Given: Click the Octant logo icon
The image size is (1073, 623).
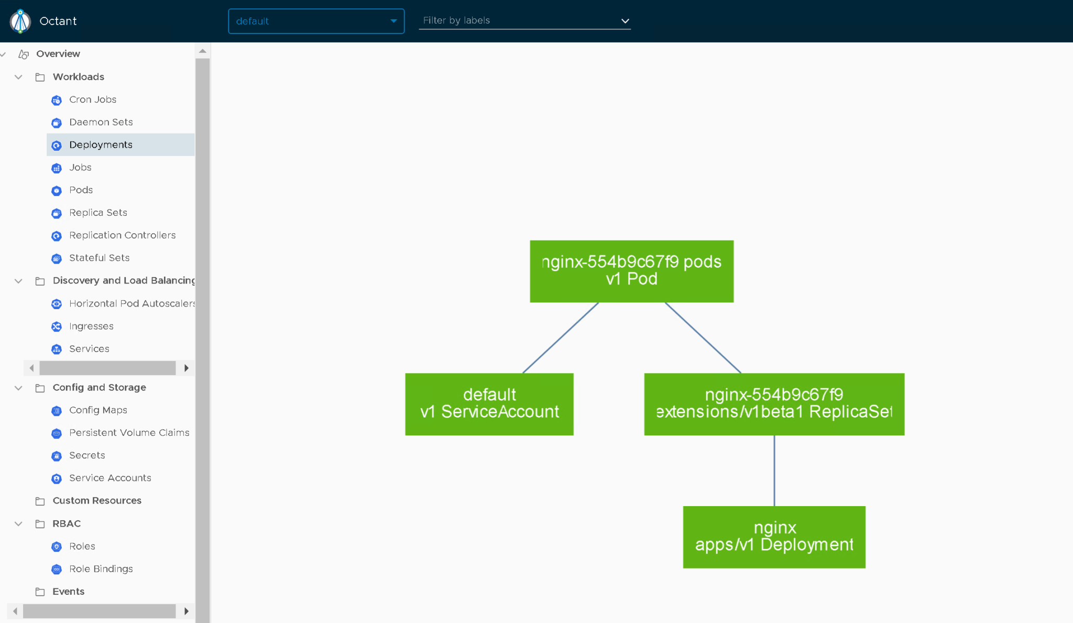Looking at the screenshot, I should (20, 21).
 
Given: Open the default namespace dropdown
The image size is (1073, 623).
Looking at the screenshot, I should (316, 21).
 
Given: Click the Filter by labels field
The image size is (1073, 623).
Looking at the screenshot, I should (524, 20).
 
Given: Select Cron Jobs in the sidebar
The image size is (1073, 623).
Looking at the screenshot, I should (93, 100).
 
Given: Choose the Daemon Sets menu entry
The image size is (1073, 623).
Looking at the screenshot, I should (101, 122).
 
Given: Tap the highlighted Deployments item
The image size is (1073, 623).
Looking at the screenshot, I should (101, 145).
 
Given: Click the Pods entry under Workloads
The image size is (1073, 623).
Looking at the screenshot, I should (81, 190).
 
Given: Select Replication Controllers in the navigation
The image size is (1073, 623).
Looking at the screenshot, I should (122, 235).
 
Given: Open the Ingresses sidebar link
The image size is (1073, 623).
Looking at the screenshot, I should (91, 326).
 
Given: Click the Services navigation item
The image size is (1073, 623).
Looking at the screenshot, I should (89, 349).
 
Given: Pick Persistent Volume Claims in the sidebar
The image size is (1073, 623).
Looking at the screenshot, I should (129, 433).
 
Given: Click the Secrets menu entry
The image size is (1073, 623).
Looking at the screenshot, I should (87, 455).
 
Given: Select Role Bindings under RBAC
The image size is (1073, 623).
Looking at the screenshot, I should (101, 569).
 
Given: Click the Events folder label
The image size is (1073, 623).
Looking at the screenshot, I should (68, 592).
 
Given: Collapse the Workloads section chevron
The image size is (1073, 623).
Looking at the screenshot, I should (18, 77).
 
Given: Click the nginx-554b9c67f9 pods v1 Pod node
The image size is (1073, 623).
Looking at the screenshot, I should (631, 271).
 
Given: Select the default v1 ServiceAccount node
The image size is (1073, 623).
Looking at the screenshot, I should (489, 404).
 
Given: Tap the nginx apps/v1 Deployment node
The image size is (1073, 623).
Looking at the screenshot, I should (774, 537).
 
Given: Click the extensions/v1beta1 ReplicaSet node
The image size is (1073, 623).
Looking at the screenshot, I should (774, 404).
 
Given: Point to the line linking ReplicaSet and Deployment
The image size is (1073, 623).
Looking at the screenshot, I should (774, 471).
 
